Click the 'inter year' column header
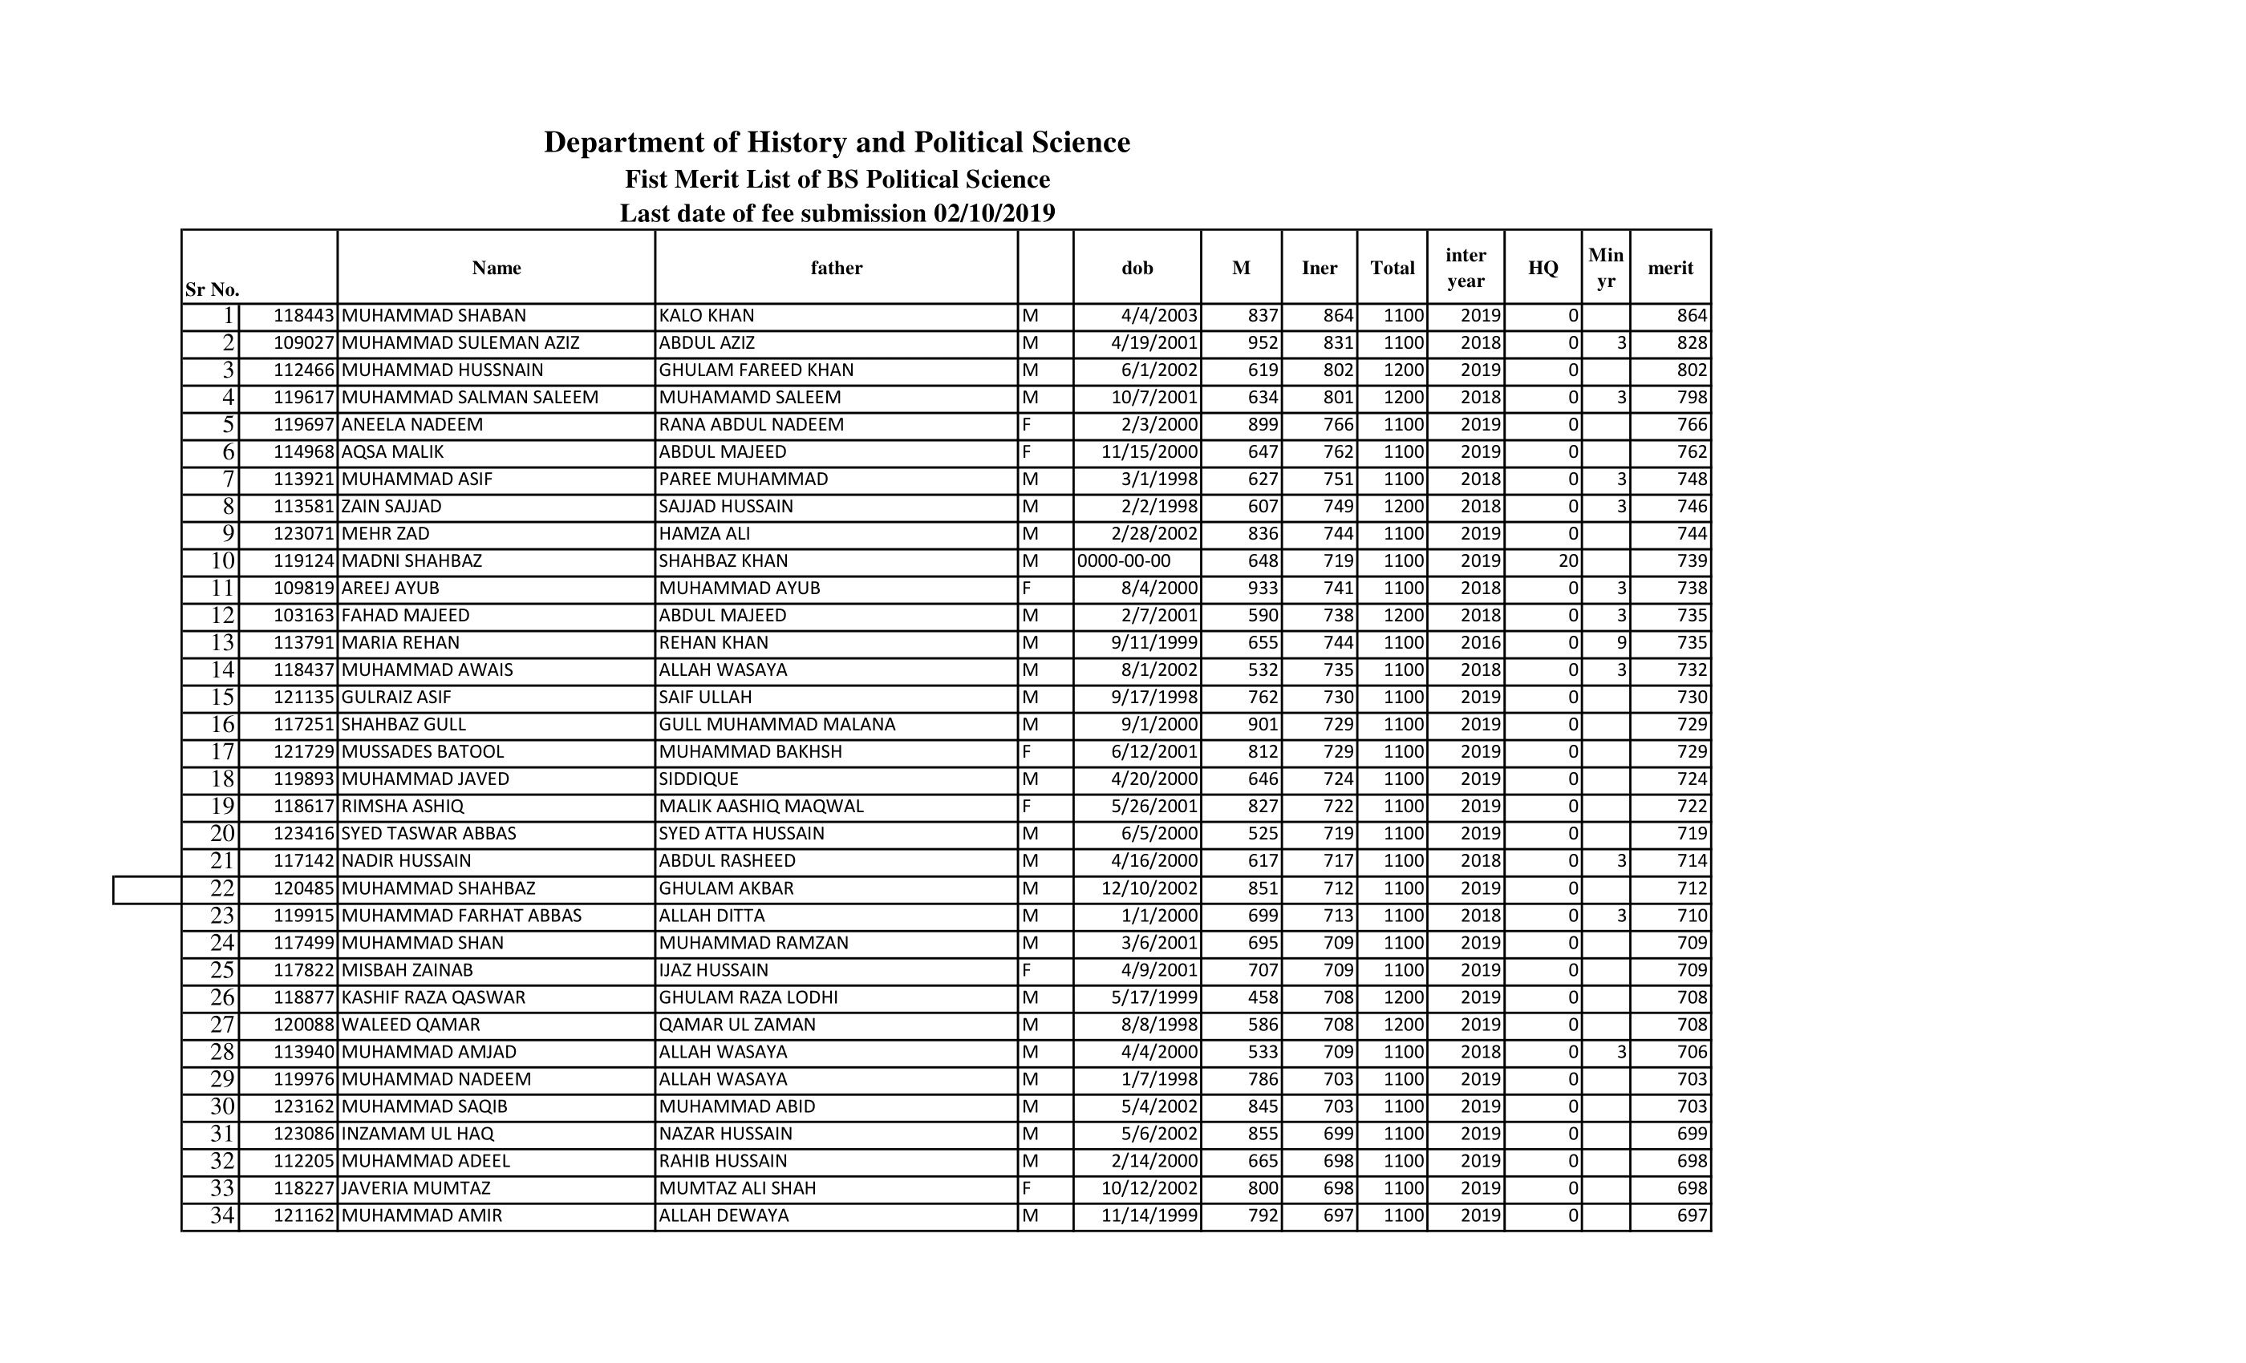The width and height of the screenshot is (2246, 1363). (x=1465, y=268)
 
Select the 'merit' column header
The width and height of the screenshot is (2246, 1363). (x=1670, y=268)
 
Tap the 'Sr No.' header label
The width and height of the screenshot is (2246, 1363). (x=213, y=289)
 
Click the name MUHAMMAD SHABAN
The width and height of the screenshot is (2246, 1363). (x=434, y=316)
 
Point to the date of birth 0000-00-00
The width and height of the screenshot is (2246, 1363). (x=1124, y=561)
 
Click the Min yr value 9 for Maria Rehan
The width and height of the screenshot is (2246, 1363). (x=1620, y=643)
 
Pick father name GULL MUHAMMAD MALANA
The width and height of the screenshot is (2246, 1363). (x=776, y=724)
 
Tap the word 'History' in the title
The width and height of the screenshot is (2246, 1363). (x=803, y=142)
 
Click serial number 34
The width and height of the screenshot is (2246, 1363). (x=222, y=1215)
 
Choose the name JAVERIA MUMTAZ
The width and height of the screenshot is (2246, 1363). (x=416, y=1188)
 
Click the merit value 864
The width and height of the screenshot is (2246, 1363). (x=1692, y=316)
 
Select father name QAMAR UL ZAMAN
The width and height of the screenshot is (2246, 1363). (x=736, y=1025)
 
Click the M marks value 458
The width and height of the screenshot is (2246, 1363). (x=1263, y=997)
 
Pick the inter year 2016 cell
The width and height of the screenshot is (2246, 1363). (x=1480, y=643)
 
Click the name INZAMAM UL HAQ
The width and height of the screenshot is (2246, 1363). (x=417, y=1134)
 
